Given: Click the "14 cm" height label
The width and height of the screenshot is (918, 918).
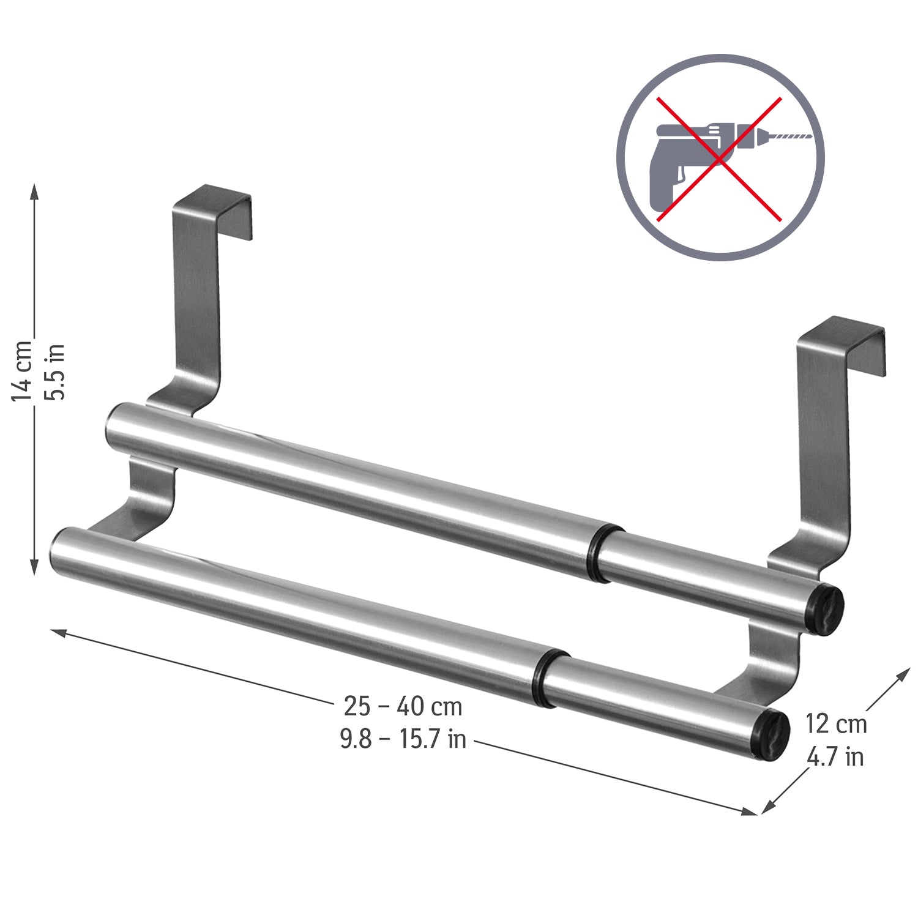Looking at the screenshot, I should pos(22,370).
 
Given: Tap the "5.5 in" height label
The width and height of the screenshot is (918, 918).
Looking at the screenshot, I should pos(56,371).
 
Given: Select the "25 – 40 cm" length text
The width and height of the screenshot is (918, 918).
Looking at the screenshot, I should pos(403,706).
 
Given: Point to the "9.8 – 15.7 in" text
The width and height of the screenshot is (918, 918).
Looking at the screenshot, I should pos(403,739).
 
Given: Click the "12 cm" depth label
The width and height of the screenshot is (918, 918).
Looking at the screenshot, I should pos(836,724).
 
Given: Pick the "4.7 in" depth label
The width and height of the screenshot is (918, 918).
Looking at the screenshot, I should pos(835,758).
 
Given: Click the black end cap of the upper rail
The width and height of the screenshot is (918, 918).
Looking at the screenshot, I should pos(829,610).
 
